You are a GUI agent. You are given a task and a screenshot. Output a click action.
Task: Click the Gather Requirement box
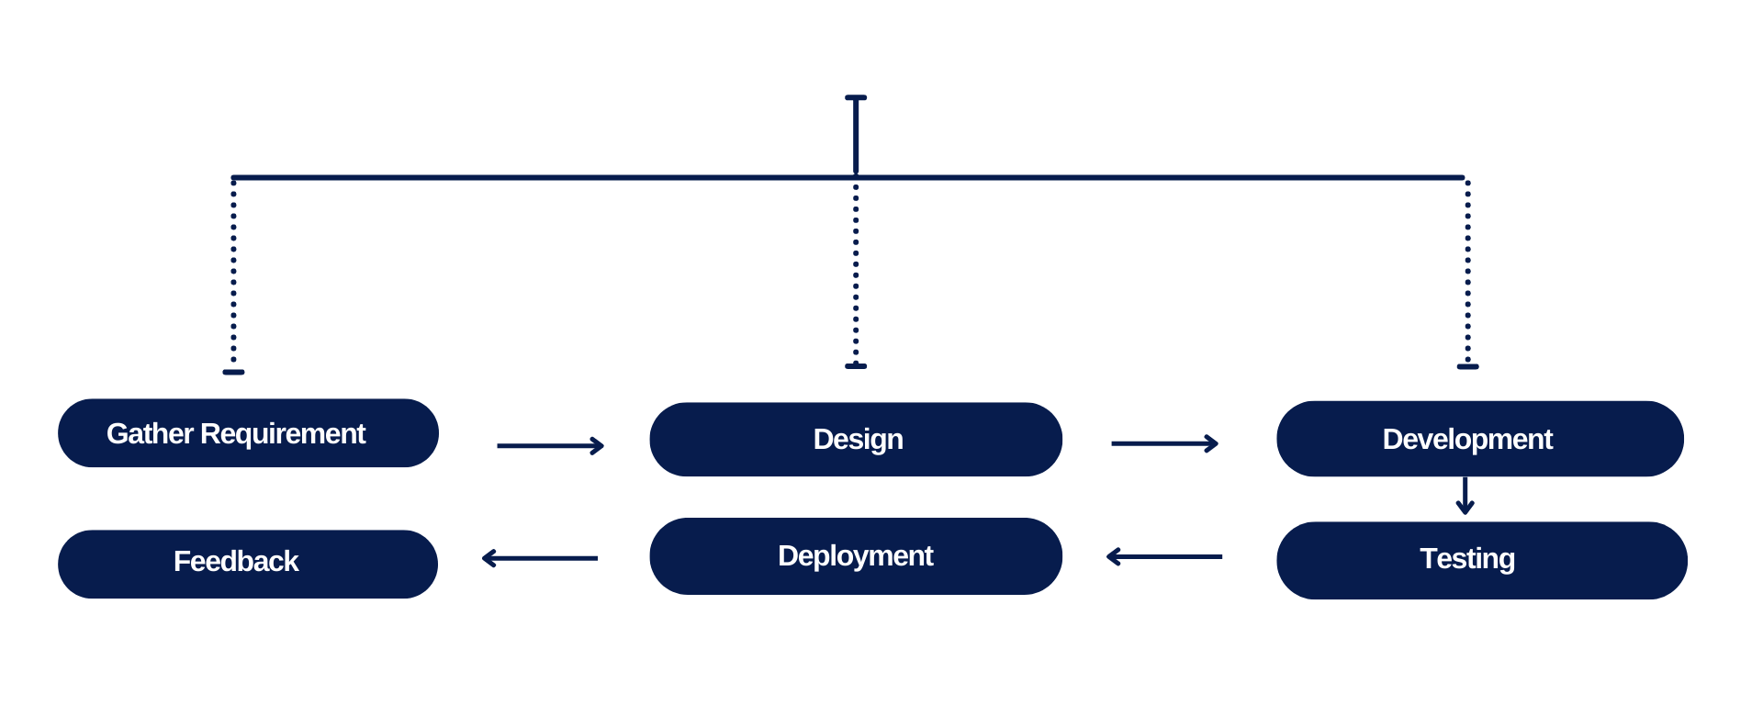248,433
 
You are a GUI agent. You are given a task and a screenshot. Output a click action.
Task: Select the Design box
856,440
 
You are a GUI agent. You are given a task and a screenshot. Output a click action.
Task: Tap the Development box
1479,440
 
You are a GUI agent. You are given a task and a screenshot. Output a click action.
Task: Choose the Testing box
1481,561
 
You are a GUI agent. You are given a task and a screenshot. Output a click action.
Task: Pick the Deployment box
856,556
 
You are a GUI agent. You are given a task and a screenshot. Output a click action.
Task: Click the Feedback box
248,565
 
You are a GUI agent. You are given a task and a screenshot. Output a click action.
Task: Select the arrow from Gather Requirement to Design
550,446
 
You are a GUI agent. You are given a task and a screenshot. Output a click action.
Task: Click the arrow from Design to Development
1164,444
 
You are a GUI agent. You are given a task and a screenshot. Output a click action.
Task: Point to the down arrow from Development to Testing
1465,496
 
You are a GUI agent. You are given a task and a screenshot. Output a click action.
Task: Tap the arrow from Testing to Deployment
1164,557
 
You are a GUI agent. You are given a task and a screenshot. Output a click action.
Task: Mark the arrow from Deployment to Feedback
540,558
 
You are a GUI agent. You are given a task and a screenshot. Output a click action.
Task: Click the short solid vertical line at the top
856,136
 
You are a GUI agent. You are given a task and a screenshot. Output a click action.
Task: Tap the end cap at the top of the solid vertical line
856,97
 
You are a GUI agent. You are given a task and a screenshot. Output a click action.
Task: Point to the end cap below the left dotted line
233,373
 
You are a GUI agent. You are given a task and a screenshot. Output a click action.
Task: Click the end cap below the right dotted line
1467,367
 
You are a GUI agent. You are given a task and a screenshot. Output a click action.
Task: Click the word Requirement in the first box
283,433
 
